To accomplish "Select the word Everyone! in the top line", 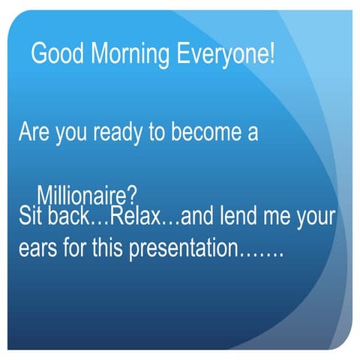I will coord(224,55).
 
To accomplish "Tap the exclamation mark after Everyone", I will coord(271,54).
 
